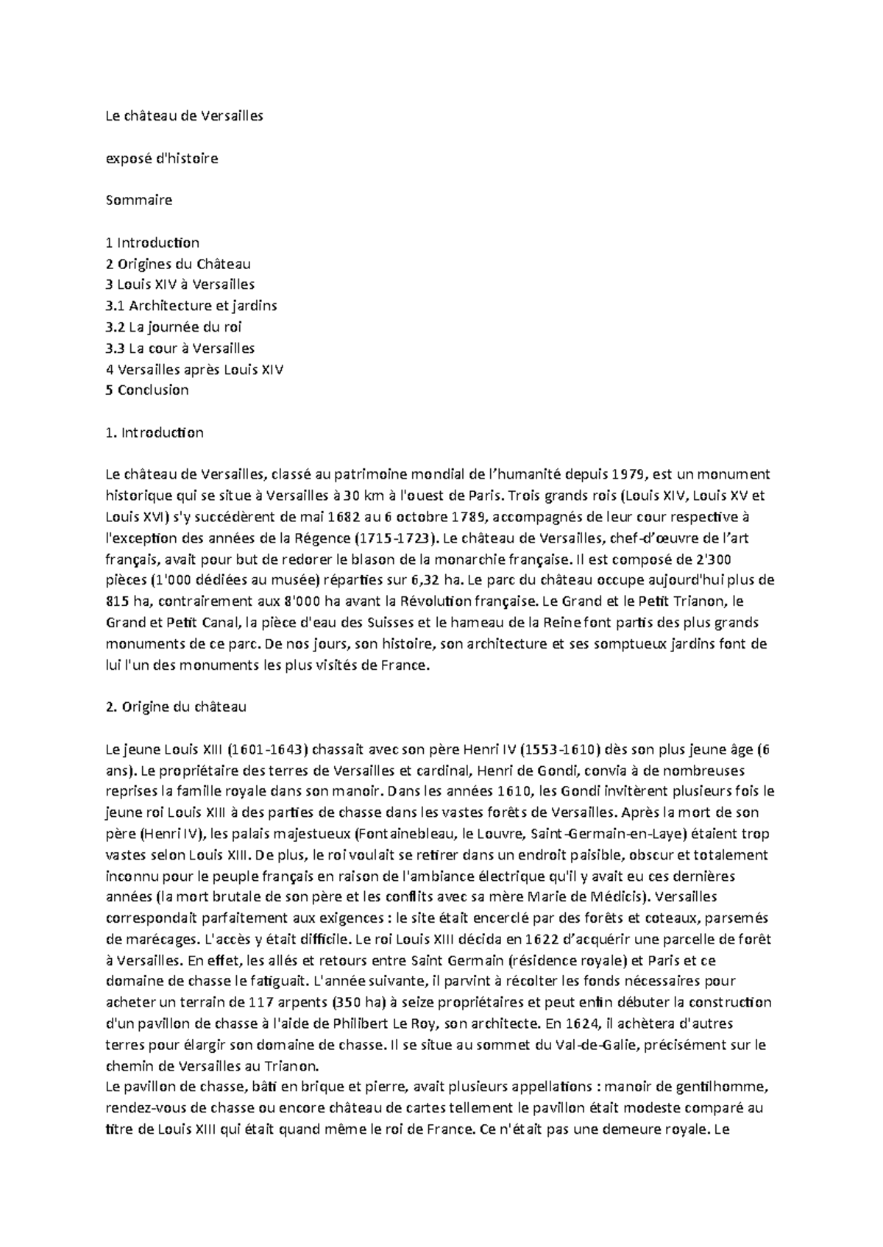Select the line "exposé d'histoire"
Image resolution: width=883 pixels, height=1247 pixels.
point(162,158)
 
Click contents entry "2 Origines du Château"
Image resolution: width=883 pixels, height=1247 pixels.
point(178,263)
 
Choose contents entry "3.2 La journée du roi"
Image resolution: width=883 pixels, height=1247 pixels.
point(174,326)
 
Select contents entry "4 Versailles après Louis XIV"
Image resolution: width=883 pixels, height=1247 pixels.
point(194,369)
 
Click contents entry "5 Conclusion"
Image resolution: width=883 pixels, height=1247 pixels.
point(147,390)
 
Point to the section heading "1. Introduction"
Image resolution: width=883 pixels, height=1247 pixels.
point(155,432)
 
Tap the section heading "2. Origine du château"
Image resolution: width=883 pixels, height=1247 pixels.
point(176,707)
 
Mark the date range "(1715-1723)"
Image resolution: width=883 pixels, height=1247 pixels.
point(394,537)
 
